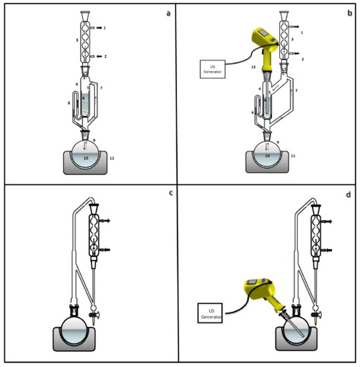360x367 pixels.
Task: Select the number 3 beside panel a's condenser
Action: point(77,40)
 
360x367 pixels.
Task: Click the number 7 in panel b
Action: point(295,89)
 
